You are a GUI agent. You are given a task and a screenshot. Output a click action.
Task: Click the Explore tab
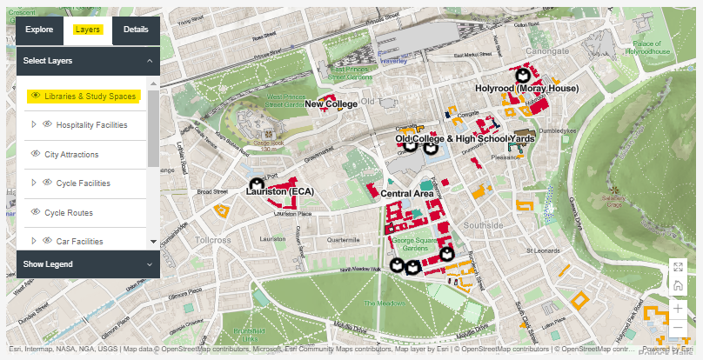(39, 30)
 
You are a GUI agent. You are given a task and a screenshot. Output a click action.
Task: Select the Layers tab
(88, 30)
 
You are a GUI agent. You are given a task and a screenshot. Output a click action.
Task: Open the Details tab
(136, 30)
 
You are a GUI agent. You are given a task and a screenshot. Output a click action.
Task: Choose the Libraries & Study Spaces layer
(90, 96)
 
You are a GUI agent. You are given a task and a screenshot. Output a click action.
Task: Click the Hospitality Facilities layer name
(91, 125)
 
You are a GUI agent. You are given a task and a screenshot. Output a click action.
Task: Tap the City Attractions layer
(71, 154)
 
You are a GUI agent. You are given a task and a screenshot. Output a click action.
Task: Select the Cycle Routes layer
(69, 212)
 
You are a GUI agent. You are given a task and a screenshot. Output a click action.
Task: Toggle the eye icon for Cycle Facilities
(47, 183)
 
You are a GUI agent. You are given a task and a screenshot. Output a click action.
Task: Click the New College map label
(331, 104)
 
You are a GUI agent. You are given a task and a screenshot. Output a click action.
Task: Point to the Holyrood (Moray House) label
(526, 89)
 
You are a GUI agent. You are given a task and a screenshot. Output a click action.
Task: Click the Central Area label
(406, 193)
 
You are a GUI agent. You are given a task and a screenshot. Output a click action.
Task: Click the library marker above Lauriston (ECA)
(256, 183)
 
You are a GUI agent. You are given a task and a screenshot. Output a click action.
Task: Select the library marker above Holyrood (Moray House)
(524, 75)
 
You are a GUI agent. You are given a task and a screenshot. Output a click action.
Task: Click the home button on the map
(678, 286)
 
